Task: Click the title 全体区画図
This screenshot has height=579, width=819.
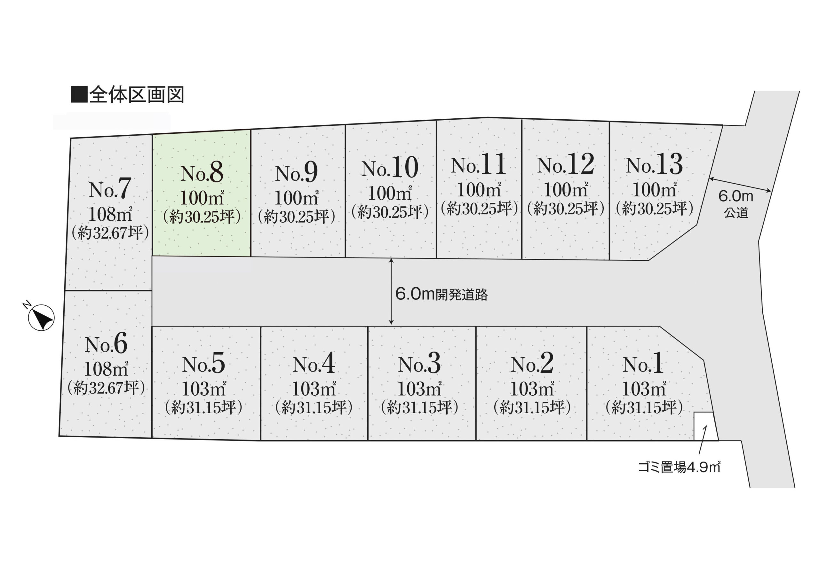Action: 128,95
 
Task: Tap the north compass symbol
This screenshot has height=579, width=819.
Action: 41,317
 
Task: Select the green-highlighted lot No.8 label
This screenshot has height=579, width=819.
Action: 202,173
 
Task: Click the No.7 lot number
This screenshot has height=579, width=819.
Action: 109,189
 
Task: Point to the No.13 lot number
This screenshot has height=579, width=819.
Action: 654,165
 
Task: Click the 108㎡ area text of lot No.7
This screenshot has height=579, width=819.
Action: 110,214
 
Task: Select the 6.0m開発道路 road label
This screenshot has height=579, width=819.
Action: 441,295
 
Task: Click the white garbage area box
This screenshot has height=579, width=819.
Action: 705,426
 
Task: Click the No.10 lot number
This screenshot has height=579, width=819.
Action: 390,168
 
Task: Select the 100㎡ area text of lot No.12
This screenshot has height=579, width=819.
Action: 566,190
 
